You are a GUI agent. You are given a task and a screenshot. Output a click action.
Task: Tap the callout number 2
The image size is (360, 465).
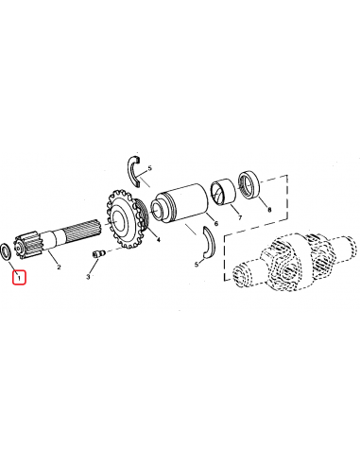59,267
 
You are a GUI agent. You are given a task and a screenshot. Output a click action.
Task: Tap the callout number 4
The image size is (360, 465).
158,240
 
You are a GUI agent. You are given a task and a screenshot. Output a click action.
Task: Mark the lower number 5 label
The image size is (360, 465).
196,266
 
